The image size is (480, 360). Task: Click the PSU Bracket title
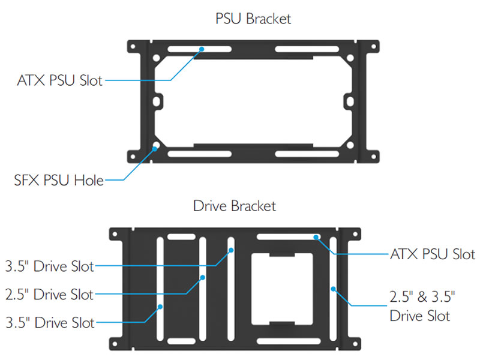(x=253, y=19)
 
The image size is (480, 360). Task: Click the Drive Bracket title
(x=235, y=206)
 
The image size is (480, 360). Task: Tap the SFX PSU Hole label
(x=59, y=179)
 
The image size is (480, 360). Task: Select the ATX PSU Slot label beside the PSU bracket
(x=59, y=80)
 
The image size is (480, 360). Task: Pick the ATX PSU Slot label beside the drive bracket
(x=432, y=254)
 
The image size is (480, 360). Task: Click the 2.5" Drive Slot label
(x=49, y=294)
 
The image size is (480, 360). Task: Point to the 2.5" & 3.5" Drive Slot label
(x=420, y=305)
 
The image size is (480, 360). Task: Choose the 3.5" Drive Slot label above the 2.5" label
(x=49, y=266)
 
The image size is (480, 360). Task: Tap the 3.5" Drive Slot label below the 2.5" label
(x=49, y=322)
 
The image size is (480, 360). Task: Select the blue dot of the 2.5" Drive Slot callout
(x=203, y=278)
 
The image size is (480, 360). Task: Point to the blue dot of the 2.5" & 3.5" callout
(x=333, y=289)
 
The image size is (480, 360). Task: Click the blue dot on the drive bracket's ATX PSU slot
(x=315, y=238)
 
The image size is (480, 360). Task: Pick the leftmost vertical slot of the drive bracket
(x=160, y=288)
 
